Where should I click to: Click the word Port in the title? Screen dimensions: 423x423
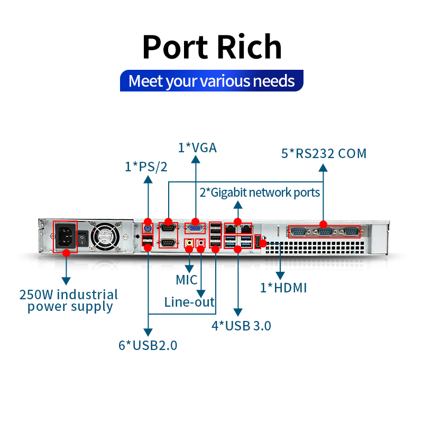(x=176, y=47)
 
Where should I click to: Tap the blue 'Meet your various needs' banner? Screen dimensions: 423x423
(x=212, y=81)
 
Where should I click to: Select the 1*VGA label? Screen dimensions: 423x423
(x=197, y=148)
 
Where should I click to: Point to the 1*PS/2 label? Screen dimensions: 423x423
(x=146, y=167)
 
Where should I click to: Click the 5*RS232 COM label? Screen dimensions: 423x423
(x=324, y=153)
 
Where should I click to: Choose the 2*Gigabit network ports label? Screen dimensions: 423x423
(x=260, y=193)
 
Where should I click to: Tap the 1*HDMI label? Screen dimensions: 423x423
(x=283, y=288)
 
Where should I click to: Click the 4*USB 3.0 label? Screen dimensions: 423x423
(x=241, y=326)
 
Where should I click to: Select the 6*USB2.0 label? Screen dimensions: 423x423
(x=148, y=345)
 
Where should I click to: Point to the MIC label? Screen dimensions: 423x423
(x=187, y=280)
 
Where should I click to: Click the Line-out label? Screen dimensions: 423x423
(x=189, y=302)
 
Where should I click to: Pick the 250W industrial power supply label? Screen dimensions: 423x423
(x=69, y=301)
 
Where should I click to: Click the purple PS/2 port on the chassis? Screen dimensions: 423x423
(x=148, y=229)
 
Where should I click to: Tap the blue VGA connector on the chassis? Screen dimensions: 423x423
(x=195, y=228)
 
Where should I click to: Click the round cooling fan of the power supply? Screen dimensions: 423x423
(x=105, y=236)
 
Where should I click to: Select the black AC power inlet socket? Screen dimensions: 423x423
(x=65, y=236)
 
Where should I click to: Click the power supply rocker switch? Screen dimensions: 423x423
(x=83, y=238)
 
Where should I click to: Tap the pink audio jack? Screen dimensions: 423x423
(x=200, y=243)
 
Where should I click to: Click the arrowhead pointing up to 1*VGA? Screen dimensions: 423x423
(x=196, y=160)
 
